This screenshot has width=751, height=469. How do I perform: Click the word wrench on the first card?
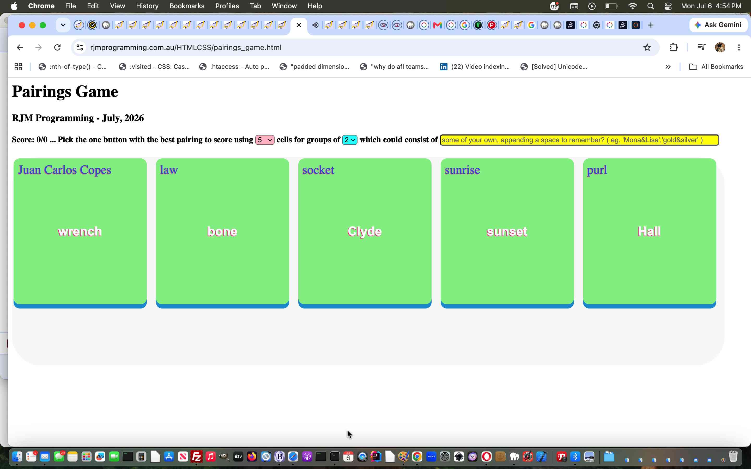pyautogui.click(x=80, y=231)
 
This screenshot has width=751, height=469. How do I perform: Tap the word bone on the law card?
pyautogui.click(x=222, y=231)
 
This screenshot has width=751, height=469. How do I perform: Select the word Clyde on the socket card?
pyautogui.click(x=365, y=231)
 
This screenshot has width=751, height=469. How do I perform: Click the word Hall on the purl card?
pyautogui.click(x=649, y=231)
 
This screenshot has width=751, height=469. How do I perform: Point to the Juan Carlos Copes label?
pyautogui.click(x=65, y=170)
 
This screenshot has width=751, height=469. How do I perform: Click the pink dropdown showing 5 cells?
pyautogui.click(x=265, y=140)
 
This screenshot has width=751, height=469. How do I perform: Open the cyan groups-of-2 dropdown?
pyautogui.click(x=350, y=140)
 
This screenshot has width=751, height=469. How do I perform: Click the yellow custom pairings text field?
pyautogui.click(x=579, y=140)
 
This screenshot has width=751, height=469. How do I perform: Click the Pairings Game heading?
pyautogui.click(x=65, y=91)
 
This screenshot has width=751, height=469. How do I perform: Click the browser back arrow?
pyautogui.click(x=20, y=47)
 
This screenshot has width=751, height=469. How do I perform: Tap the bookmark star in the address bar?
pyautogui.click(x=647, y=47)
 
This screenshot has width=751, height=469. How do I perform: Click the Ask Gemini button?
pyautogui.click(x=718, y=25)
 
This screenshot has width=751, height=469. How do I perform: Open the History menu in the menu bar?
pyautogui.click(x=147, y=6)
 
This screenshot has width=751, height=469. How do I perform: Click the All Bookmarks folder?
pyautogui.click(x=716, y=67)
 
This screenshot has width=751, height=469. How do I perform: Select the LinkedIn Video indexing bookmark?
pyautogui.click(x=475, y=67)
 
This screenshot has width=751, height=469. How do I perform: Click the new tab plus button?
pyautogui.click(x=651, y=25)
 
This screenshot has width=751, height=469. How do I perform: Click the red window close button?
pyautogui.click(x=22, y=25)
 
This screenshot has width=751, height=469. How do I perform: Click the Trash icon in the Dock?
pyautogui.click(x=733, y=456)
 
